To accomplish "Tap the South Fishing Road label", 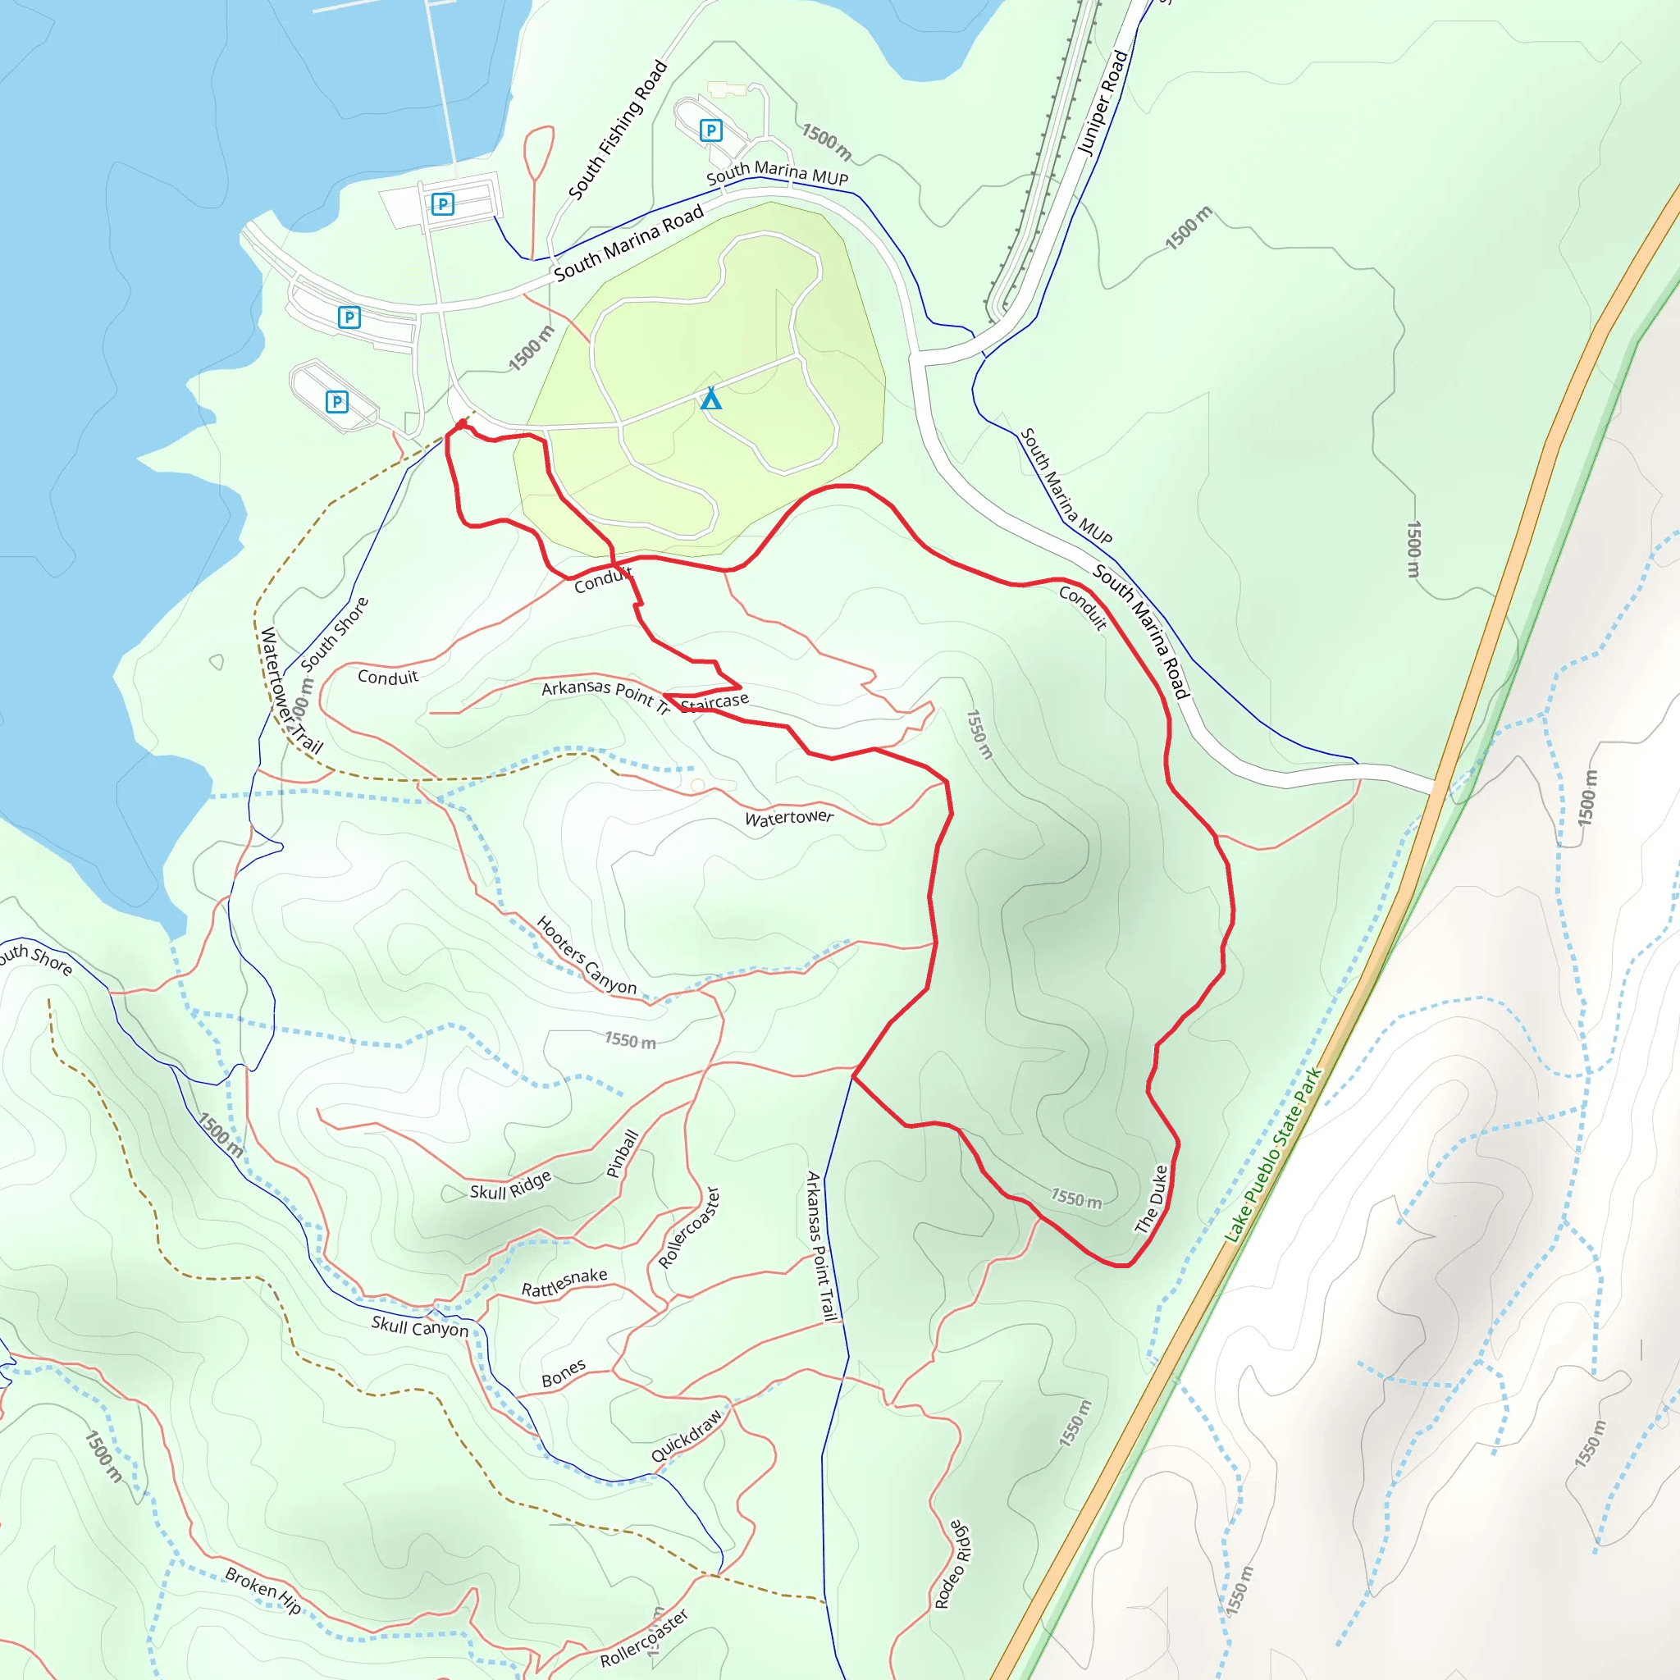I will click(x=618, y=130).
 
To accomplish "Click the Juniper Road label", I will click(x=1102, y=103).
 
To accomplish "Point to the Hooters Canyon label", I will click(x=586, y=955).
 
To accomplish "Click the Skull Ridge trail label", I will click(x=510, y=1185).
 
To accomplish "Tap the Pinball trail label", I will click(x=623, y=1153).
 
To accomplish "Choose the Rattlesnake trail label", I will click(x=564, y=1282).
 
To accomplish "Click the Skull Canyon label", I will click(x=419, y=1326).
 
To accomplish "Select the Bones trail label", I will click(x=564, y=1373).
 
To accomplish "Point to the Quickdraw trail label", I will click(x=686, y=1436).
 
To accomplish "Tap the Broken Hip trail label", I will click(x=262, y=1591).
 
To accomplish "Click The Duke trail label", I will click(x=1151, y=1199).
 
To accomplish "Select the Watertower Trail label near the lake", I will click(x=290, y=691).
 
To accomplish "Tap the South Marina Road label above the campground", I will click(x=628, y=244).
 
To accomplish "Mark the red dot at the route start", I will click(x=462, y=423).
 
